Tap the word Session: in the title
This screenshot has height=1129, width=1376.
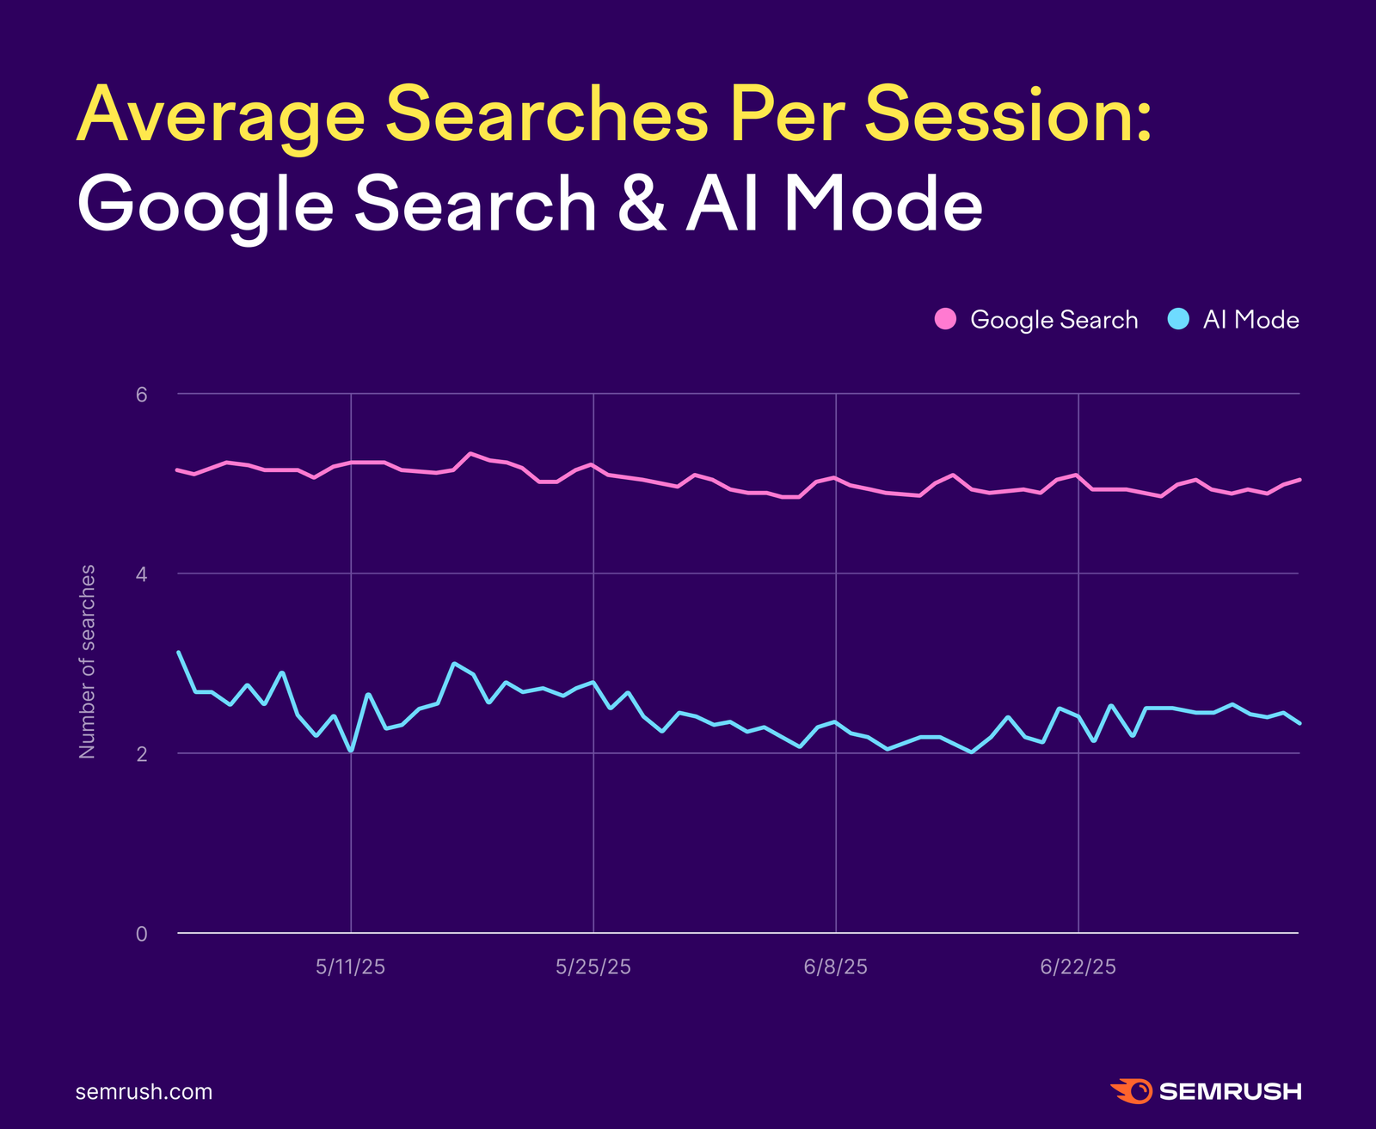(x=1007, y=116)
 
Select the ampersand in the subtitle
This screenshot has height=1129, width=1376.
(x=641, y=205)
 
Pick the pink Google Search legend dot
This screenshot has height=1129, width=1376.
(x=945, y=319)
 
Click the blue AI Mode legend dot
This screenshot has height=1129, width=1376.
(x=1178, y=319)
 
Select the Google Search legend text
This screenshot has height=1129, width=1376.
(x=1053, y=320)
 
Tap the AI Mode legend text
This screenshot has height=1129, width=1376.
(x=1250, y=320)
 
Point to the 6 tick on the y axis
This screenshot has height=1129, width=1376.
(x=142, y=394)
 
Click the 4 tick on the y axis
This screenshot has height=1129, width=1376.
(x=142, y=574)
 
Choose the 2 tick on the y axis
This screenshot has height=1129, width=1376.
(x=142, y=753)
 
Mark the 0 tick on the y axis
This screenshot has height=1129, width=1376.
(x=142, y=934)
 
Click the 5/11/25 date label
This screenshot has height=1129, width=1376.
(x=350, y=967)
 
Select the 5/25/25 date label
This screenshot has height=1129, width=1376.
(x=593, y=967)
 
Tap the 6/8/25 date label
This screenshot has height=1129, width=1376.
(x=835, y=967)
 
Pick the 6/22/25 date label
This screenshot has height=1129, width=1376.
(x=1078, y=967)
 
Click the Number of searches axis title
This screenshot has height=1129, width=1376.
(x=87, y=662)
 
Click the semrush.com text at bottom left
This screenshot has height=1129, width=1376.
(x=144, y=1092)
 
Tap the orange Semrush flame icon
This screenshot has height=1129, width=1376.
(x=1131, y=1091)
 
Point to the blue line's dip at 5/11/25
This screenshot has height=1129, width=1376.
(x=351, y=751)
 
